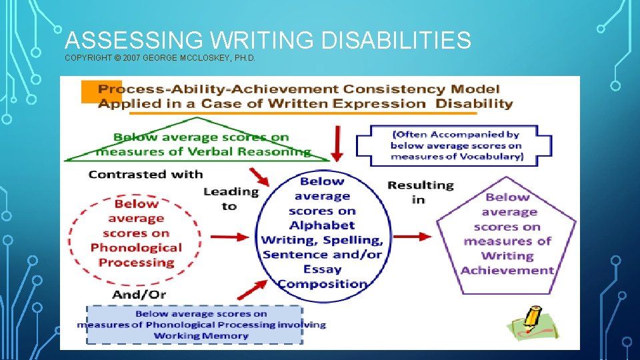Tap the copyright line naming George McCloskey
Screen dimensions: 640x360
click(160, 59)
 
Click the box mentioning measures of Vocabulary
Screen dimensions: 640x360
click(455, 145)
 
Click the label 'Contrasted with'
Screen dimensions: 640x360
click(145, 175)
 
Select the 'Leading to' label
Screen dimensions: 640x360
click(230, 199)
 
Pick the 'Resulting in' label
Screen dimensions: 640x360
click(420, 192)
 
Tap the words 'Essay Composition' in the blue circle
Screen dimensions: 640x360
click(322, 277)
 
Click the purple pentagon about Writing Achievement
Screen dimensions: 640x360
click(508, 233)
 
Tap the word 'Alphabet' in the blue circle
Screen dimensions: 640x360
click(322, 225)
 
